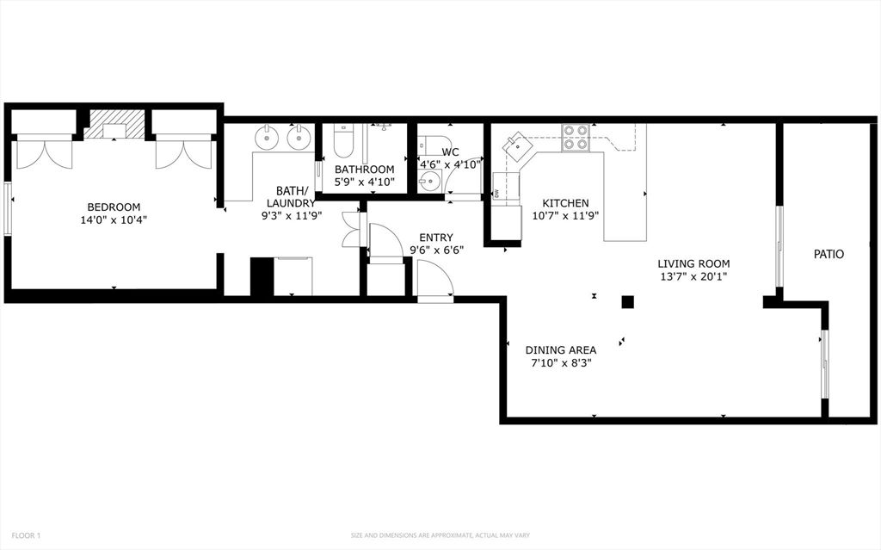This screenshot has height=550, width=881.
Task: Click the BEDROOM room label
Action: click(x=114, y=207)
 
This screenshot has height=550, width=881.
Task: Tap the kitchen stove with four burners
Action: click(x=576, y=137)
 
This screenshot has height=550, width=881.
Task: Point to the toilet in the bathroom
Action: click(x=342, y=140)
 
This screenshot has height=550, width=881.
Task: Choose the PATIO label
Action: click(x=829, y=254)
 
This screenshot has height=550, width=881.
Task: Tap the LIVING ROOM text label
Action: click(x=694, y=263)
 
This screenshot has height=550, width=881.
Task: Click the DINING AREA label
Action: click(x=561, y=349)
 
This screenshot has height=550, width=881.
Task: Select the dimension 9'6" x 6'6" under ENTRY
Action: click(x=436, y=250)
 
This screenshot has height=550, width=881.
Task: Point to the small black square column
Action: click(x=627, y=302)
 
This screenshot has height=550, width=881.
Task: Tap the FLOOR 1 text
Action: click(x=26, y=535)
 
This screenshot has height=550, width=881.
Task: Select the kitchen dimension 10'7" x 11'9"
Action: click(x=566, y=215)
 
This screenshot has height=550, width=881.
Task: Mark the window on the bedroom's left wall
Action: click(x=8, y=208)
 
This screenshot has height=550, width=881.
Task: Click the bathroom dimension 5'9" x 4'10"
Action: click(x=365, y=182)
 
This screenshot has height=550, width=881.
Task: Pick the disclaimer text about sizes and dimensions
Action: click(x=440, y=535)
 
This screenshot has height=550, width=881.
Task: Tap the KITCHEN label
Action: click(x=565, y=203)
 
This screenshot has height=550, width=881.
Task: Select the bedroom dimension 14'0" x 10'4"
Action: click(x=114, y=219)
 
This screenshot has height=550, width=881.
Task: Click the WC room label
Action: click(x=450, y=151)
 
